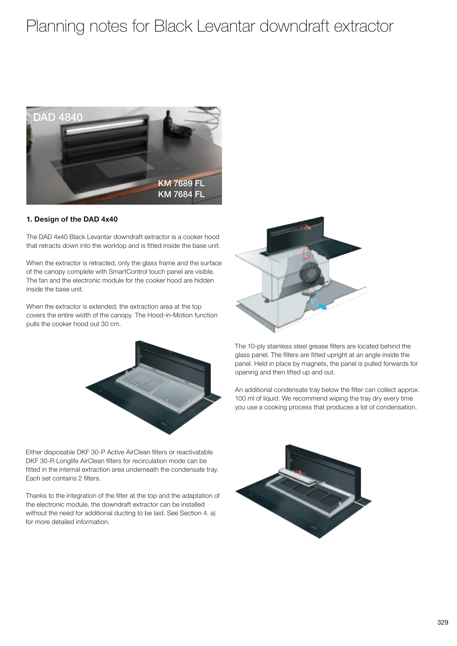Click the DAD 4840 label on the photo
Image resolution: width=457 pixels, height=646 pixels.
pyautogui.click(x=58, y=117)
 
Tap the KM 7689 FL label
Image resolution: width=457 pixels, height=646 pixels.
pyautogui.click(x=181, y=183)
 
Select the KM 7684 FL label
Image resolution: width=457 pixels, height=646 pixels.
pyautogui.click(x=181, y=194)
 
